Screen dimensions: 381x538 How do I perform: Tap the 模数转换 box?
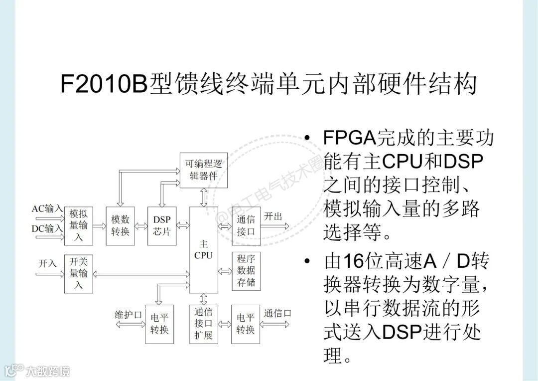[120, 225]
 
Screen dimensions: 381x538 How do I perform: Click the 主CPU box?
[203, 250]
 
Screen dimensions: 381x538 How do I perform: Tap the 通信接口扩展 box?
[203, 324]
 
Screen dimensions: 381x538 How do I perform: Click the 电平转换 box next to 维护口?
[159, 324]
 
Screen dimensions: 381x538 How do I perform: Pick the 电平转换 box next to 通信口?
[246, 324]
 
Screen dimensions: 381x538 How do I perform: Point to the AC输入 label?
[47, 208]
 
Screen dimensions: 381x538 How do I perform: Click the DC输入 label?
[47, 228]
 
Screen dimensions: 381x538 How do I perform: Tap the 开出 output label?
[273, 216]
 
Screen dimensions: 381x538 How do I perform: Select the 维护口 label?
[129, 314]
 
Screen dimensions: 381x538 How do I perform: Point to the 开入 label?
[48, 263]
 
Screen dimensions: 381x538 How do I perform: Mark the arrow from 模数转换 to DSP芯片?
[141, 225]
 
